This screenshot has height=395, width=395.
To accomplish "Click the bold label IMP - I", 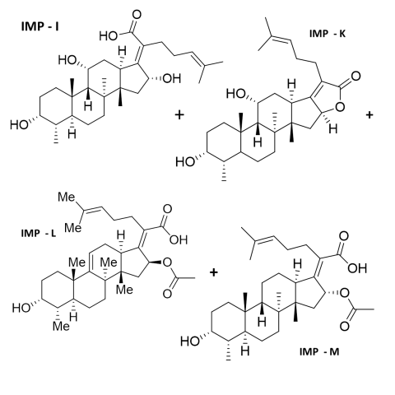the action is coord(39,26).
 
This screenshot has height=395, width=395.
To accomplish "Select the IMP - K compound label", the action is coord(328,34).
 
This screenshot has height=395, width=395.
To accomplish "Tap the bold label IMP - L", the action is coord(39,234).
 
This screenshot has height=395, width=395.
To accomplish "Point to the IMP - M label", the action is coord(319,351).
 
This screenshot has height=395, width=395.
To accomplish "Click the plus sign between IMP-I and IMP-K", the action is coord(179,114).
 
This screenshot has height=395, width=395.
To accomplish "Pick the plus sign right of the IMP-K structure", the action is coord(369,114).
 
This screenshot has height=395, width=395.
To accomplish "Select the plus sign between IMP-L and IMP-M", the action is coord(214,272).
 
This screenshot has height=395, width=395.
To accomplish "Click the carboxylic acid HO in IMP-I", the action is coord(109,35).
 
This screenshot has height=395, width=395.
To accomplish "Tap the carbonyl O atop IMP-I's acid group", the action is coord(137,15).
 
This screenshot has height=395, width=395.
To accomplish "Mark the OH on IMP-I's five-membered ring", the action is coord(172,78).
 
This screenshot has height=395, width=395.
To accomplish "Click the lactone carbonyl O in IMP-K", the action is coord(355,76).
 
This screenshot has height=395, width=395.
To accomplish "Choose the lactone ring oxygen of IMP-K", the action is coord(340,107).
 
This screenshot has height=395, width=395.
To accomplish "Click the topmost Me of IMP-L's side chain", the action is coord(67,197).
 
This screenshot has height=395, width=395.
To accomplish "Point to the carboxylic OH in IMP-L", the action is coord(179,239).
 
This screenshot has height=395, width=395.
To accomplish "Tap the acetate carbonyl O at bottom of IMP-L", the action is coord(167,294).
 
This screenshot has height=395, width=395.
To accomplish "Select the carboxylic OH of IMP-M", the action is coord(357,267).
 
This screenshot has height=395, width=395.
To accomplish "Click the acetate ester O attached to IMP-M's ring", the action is coord(345,293).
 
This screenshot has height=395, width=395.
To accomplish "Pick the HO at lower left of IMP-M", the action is coord(190,342).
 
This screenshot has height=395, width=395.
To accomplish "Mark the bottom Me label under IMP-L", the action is coord(62,326).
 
